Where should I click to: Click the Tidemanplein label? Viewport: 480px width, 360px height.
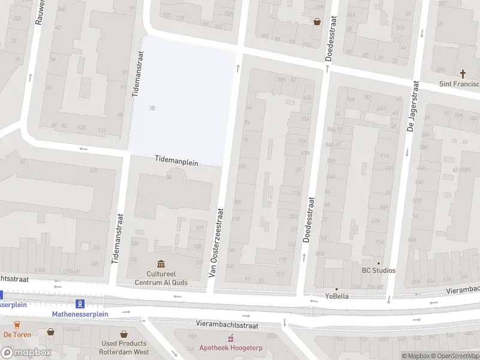click(177, 160)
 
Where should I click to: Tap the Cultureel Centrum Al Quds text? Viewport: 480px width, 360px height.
click(161, 278)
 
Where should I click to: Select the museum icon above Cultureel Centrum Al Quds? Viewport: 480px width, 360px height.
click(161, 264)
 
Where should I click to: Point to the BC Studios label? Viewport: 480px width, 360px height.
click(379, 271)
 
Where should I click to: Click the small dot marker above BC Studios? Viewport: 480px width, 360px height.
click(378, 263)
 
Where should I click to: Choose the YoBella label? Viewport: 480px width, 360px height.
click(337, 296)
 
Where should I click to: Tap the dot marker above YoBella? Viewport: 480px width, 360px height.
click(337, 289)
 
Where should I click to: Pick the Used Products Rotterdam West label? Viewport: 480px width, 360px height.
click(124, 347)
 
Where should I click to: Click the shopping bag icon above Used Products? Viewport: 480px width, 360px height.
click(124, 334)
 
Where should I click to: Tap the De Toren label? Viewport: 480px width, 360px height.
click(17, 334)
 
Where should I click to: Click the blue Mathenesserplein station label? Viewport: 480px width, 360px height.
click(80, 314)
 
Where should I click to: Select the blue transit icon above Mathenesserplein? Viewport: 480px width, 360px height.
click(80, 304)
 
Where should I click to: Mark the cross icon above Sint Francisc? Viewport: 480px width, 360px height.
click(463, 74)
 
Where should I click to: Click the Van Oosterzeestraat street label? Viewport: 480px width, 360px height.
click(216, 242)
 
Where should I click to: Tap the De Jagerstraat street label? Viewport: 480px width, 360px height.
click(412, 107)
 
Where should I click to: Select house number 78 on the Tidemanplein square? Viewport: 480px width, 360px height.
click(152, 108)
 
